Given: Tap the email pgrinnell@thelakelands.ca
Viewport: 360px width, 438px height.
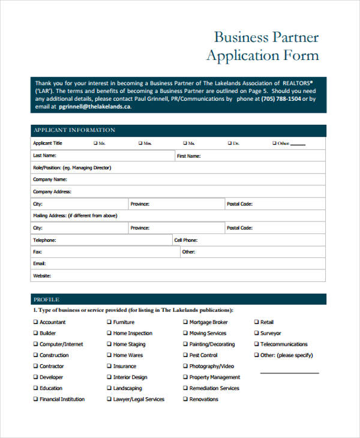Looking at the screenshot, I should tap(95, 106).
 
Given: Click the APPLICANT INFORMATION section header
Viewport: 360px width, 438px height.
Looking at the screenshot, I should tap(74, 130).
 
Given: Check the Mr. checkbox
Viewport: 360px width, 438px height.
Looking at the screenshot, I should tap(95, 143).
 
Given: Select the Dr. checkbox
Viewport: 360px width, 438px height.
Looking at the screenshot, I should tap(229, 143).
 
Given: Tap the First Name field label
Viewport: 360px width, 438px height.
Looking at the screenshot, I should tap(188, 156).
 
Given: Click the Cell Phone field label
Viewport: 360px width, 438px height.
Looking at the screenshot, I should tap(185, 240).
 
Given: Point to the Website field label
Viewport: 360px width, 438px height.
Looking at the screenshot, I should tap(42, 276).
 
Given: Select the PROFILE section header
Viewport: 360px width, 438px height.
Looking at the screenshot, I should tap(46, 299).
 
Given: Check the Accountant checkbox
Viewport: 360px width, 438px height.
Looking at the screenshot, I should tap(35, 322).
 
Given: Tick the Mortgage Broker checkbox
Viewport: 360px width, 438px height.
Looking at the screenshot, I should tap(185, 322).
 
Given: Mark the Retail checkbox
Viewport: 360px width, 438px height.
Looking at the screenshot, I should tap(256, 322).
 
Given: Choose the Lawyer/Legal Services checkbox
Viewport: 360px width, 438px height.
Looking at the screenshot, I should tap(109, 399).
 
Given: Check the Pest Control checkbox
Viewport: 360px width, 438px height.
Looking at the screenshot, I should tap(185, 355).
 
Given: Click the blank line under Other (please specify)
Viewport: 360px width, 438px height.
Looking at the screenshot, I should tap(289, 372).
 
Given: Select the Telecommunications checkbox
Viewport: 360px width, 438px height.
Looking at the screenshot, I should tap(256, 344).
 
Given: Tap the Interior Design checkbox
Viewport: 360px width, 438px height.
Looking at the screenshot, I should tap(109, 377).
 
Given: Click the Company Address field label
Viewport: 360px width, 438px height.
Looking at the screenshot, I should tap(52, 192).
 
